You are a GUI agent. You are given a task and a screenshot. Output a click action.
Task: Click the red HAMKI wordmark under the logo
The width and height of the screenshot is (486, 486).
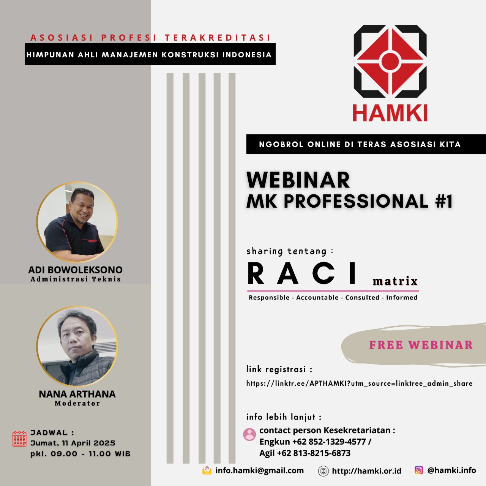pos(390,113)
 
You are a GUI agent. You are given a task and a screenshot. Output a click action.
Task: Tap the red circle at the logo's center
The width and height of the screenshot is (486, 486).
pos(390,61)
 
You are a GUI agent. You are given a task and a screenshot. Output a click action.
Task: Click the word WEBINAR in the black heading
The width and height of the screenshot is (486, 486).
pos(298,180)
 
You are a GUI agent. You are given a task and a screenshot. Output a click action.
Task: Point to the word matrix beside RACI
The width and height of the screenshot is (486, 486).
pos(395,281)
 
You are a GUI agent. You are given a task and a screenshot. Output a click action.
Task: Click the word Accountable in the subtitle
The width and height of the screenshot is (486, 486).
pos(317,298)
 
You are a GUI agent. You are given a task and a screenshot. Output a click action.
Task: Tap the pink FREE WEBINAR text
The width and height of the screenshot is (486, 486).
pos(421,345)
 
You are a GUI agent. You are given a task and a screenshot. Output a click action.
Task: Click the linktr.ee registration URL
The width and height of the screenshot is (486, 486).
pos(360,383)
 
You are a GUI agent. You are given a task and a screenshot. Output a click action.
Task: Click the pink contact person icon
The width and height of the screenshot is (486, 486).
pos(249,434)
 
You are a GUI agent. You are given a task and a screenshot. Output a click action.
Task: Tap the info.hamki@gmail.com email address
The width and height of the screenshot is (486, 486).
pos(260,470)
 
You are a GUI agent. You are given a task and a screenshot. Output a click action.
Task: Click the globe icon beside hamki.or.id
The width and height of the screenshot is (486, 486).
pos(323,471)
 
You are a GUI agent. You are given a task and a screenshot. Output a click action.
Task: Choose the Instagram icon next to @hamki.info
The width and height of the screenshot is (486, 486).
pos(419,470)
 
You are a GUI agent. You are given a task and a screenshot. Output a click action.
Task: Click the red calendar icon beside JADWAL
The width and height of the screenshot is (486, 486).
pos(19,439)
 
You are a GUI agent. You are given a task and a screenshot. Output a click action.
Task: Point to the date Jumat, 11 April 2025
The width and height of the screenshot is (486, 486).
pos(73,443)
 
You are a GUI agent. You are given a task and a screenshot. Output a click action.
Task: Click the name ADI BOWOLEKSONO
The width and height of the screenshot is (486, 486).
pos(76,270)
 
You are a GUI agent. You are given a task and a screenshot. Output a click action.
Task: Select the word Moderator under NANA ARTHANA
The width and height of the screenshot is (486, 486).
pos(77,404)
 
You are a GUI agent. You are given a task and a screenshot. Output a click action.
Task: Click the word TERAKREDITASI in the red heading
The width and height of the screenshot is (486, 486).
pos(218,38)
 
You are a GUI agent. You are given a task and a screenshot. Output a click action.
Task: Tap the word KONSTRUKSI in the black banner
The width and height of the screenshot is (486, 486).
pos(190,55)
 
